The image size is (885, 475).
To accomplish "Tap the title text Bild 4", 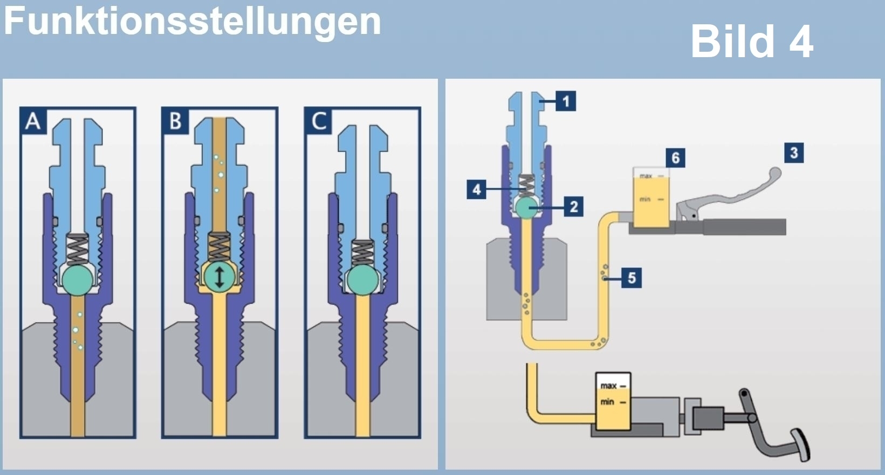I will point(751,42).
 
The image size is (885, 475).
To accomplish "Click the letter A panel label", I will point(33,121).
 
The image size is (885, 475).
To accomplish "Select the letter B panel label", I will point(175,121).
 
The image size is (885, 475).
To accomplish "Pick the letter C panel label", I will point(319,121).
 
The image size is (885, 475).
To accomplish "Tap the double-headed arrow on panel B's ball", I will point(219,277).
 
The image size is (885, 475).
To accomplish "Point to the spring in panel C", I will point(362,251).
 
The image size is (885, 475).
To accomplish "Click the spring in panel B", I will point(219,247).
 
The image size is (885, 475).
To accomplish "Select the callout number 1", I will point(566,101).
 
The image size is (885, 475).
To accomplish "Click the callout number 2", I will point(573,206).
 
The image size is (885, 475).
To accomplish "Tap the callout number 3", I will point(793,153).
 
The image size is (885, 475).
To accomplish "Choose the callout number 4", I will point(477,189).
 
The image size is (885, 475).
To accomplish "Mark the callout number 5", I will point(632,278).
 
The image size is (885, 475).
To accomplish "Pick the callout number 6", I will point(675,158).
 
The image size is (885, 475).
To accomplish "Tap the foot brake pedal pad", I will point(802,445).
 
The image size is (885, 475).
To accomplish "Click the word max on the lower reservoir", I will point(609,385).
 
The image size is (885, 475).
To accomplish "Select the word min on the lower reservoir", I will point(608,402).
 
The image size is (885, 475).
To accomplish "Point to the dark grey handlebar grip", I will point(744,227).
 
